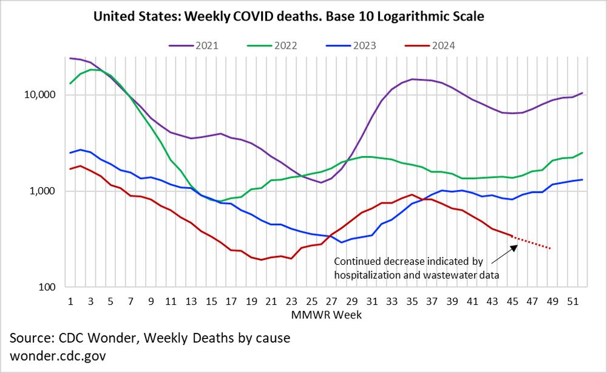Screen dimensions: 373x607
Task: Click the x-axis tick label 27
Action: click(x=331, y=300)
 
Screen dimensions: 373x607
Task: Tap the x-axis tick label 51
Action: click(x=572, y=300)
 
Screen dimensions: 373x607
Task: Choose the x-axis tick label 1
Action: click(x=70, y=300)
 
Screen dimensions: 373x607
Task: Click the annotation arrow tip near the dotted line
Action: click(x=517, y=245)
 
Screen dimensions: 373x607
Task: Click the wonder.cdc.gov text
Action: click(x=58, y=355)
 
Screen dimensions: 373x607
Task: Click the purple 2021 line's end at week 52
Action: click(x=583, y=93)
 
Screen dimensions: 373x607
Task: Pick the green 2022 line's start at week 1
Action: click(x=70, y=83)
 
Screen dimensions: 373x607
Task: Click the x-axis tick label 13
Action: click(x=191, y=300)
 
